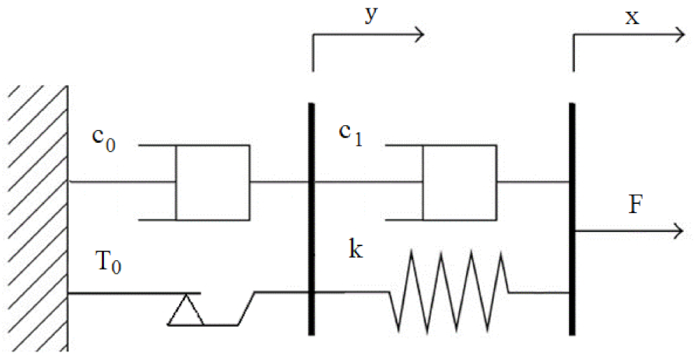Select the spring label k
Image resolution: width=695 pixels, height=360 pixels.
click(x=356, y=249)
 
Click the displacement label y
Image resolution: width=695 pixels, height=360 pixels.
click(x=370, y=15)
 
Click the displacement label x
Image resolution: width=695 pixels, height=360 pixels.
click(x=632, y=16)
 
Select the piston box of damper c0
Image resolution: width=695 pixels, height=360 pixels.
click(x=212, y=183)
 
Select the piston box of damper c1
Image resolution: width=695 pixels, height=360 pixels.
click(x=460, y=183)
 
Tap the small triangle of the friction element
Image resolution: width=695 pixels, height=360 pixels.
click(x=186, y=311)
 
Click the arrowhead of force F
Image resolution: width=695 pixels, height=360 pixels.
click(x=677, y=231)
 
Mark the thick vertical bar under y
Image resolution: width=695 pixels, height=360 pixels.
click(x=311, y=218)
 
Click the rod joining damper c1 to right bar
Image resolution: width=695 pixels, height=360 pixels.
click(x=534, y=183)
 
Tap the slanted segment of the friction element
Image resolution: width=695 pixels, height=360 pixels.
click(x=247, y=308)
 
